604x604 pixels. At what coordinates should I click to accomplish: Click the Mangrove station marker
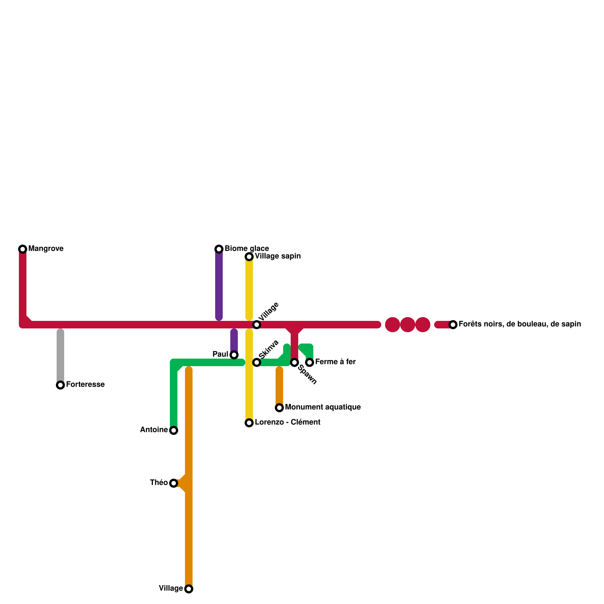pyautogui.click(x=23, y=249)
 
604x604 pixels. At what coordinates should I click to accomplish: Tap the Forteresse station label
pyautogui.click(x=85, y=385)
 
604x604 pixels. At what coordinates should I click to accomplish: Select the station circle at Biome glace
pyautogui.click(x=219, y=249)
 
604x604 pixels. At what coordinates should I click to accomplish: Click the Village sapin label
pyautogui.click(x=277, y=256)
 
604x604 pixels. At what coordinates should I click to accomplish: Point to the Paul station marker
pyautogui.click(x=234, y=355)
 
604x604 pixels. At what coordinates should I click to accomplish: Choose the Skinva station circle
pyautogui.click(x=257, y=362)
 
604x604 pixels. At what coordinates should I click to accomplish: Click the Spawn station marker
pyautogui.click(x=294, y=362)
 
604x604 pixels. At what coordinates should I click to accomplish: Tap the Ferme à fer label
pyautogui.click(x=335, y=362)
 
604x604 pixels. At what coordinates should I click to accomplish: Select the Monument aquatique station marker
pyautogui.click(x=279, y=408)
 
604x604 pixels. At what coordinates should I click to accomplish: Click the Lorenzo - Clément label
pyautogui.click(x=287, y=422)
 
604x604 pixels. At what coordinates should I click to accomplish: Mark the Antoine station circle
pyautogui.click(x=174, y=430)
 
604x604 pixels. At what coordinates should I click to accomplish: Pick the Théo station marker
pyautogui.click(x=174, y=483)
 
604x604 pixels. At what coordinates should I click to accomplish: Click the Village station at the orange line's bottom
pyautogui.click(x=189, y=589)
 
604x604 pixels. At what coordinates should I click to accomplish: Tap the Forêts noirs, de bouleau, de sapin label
pyautogui.click(x=519, y=324)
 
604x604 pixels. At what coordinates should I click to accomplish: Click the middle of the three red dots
pyautogui.click(x=408, y=325)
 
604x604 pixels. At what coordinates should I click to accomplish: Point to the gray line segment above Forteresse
pyautogui.click(x=60, y=355)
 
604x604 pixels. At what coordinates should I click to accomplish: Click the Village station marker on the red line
pyautogui.click(x=257, y=325)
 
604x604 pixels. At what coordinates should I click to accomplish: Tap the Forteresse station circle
pyautogui.click(x=60, y=385)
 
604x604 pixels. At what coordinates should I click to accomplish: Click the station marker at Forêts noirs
pyautogui.click(x=453, y=325)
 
